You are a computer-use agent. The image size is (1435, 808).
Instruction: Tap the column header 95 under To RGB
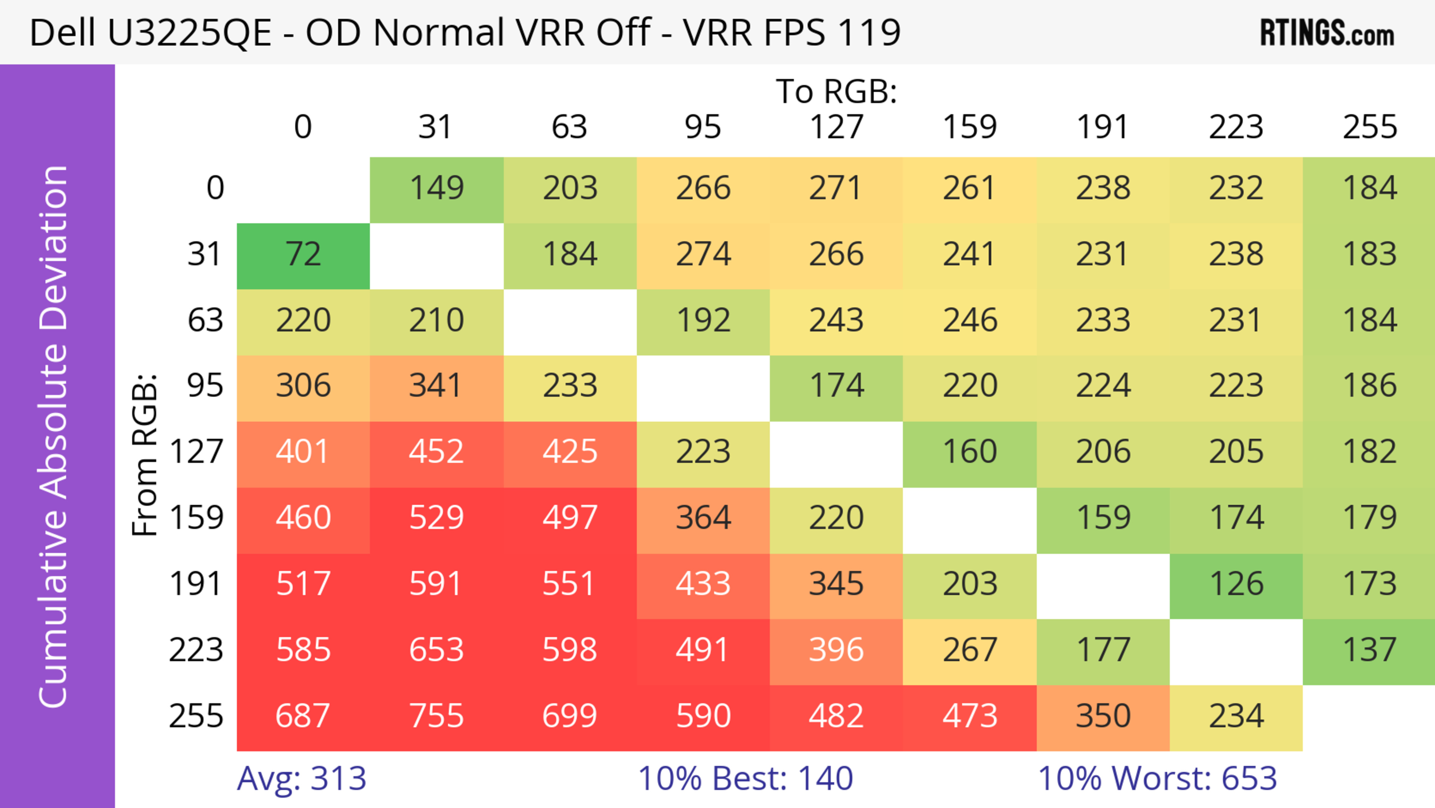tap(703, 127)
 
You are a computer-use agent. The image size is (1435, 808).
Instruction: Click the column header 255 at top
tap(1369, 127)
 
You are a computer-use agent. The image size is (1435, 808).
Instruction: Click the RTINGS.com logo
tap(1327, 33)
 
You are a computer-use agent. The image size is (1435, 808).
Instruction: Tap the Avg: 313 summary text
tap(301, 778)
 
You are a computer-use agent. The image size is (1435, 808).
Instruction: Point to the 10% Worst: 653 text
tap(1157, 778)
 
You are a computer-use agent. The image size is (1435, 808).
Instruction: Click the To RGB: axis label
tap(836, 91)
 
